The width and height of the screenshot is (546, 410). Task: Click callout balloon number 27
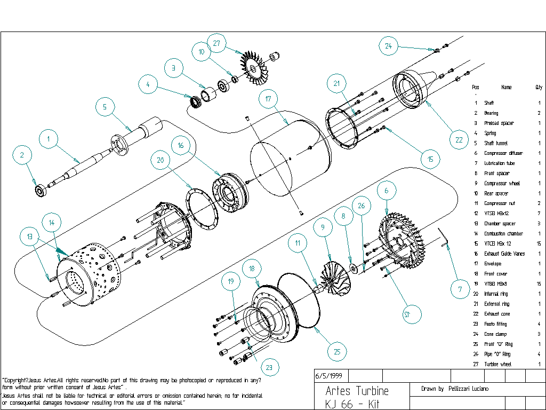point(216,44)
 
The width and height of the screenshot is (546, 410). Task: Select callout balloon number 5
point(105,107)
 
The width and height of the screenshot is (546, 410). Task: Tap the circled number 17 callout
point(268,99)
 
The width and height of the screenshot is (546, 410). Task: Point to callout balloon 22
point(459,140)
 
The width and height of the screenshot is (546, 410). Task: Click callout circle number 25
point(337,351)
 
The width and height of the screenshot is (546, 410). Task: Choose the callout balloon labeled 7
point(460,290)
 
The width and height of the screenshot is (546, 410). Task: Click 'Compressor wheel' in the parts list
point(501,184)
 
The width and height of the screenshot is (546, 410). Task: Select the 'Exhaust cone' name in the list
point(496,314)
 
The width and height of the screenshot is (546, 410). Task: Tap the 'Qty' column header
point(539,87)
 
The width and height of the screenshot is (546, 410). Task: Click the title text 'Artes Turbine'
point(357,391)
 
